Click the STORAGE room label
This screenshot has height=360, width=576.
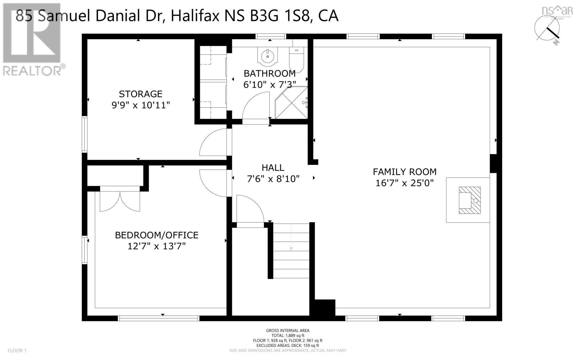[140, 94]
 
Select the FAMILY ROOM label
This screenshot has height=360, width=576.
[404, 172]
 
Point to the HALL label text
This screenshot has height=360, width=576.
[273, 167]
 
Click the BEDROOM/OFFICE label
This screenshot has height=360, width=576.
[157, 235]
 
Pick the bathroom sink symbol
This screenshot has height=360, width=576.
[267, 57]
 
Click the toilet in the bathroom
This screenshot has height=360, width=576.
[297, 59]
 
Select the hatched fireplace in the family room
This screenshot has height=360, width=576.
[469, 200]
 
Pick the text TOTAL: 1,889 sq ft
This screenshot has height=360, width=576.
[288, 335]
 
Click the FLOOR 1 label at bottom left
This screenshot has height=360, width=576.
[17, 350]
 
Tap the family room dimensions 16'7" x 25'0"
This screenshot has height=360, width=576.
[404, 183]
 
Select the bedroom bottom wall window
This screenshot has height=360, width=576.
[159, 318]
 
